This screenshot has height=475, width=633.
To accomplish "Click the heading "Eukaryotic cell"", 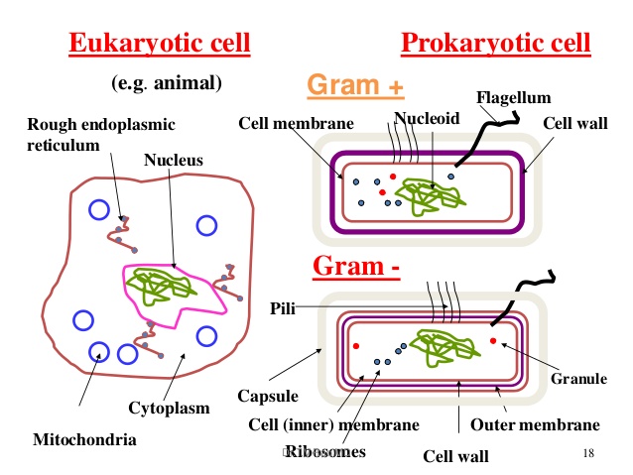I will (159, 44).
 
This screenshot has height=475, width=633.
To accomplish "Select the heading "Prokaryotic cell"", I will (495, 44).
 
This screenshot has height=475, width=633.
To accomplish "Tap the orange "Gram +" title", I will (356, 86).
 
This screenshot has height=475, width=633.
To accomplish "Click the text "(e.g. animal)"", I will (168, 82).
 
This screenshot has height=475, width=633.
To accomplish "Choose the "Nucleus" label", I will (173, 159).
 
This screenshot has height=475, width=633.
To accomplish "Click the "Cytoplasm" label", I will (168, 408).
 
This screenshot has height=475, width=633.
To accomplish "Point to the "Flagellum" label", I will (513, 97).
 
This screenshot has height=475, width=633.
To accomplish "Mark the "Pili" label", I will (283, 307).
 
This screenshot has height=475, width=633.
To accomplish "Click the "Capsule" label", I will (267, 397).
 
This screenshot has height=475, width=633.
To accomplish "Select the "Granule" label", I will (579, 378).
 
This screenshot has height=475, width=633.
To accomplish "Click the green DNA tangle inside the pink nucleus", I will (168, 286).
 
